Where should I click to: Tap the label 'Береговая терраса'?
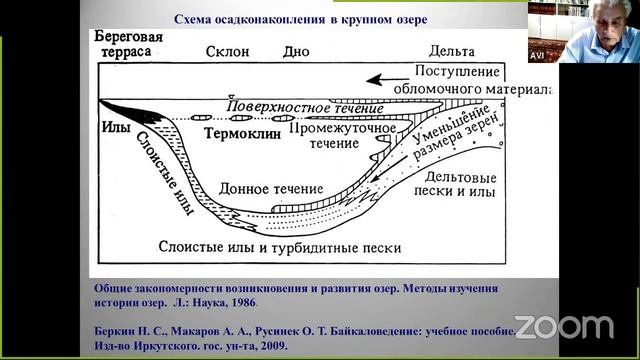point(125,42)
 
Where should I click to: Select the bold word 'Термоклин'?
point(240,131)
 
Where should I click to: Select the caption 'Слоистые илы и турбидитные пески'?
point(279,246)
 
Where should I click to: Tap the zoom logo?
point(564,326)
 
